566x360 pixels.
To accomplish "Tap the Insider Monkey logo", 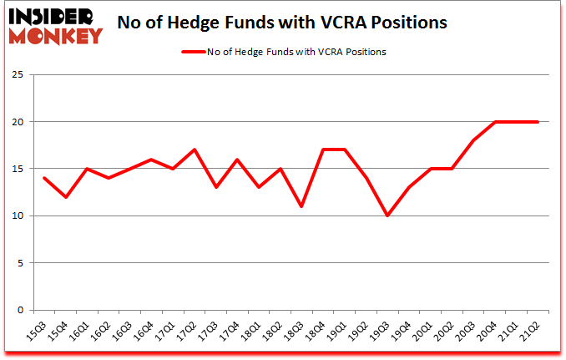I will tap(54, 25).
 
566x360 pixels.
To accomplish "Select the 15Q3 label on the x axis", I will tap(38, 331).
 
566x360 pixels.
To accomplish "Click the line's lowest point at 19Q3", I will tap(387, 215).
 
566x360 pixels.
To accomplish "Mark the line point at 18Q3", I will tap(301, 206).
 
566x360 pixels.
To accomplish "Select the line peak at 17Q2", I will tap(194, 150).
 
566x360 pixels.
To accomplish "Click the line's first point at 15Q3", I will tap(44, 178).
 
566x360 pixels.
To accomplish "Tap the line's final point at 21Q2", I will tap(538, 122).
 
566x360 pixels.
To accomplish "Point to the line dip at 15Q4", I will tap(65, 197).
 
